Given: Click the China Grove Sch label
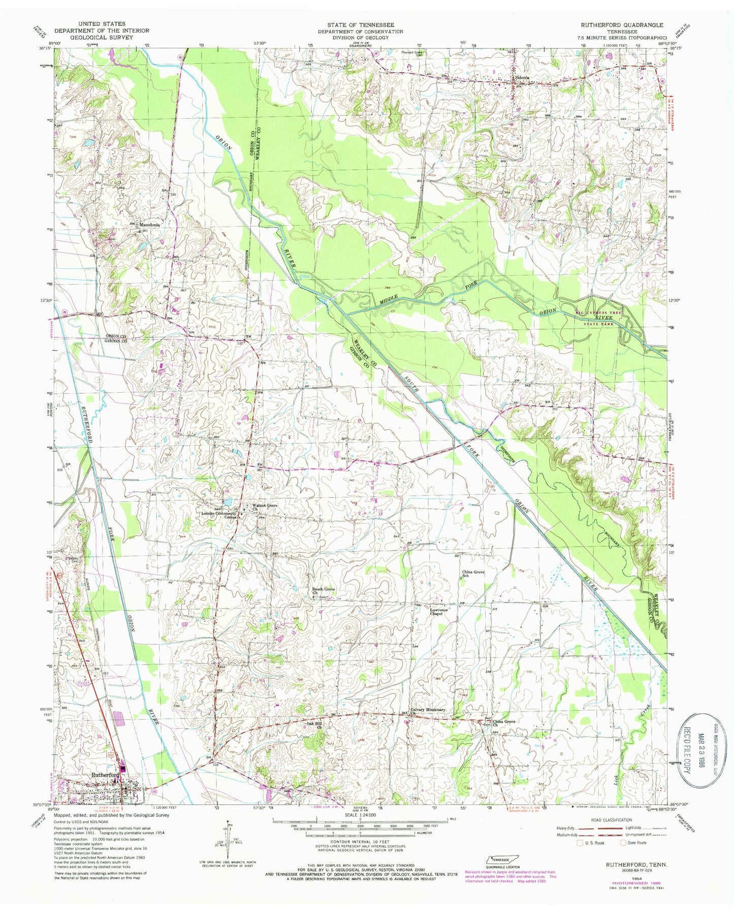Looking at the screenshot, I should [x=473, y=574].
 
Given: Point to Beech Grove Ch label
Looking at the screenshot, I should [x=324, y=591].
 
